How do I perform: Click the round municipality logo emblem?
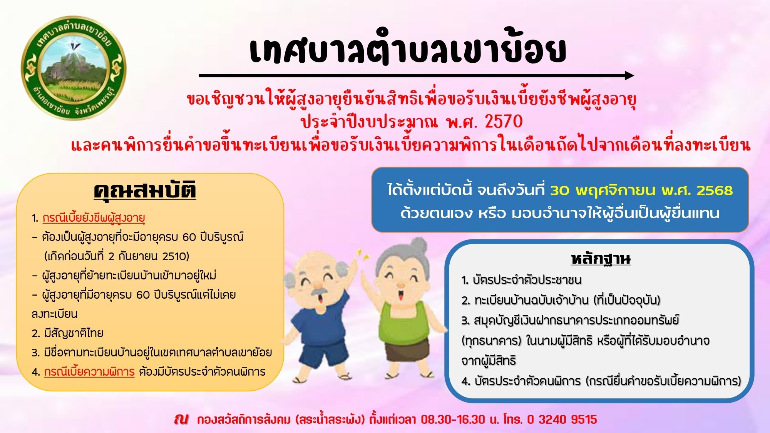[x=74, y=68]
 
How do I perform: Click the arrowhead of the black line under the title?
[x=629, y=75]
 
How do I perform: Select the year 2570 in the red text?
[x=503, y=122]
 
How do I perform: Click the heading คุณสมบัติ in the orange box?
[x=145, y=190]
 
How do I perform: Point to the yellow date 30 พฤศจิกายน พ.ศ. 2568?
[x=641, y=191]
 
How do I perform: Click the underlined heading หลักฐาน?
[x=601, y=258]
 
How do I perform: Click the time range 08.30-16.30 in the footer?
[x=453, y=419]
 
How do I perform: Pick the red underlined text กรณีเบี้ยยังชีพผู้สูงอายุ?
[x=94, y=218]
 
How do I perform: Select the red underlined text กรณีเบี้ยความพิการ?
[x=89, y=372]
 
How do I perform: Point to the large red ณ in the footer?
[x=181, y=419]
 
